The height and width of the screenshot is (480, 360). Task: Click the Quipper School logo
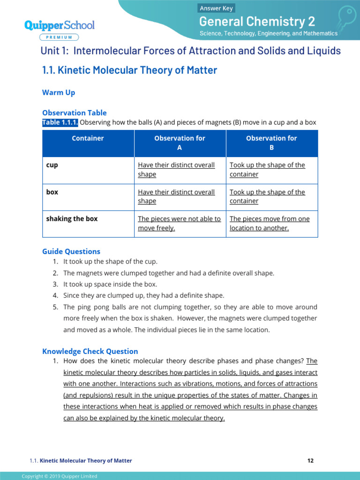tap(59, 25)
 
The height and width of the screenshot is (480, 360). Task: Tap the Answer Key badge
tap(216, 8)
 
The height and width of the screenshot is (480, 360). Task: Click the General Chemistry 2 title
tap(257, 21)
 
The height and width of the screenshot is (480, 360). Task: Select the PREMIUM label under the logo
tap(59, 37)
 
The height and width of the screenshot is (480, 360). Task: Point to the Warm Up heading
tap(59, 93)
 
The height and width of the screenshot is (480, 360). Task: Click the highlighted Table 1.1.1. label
tap(60, 122)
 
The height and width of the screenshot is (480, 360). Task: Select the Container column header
tap(88, 138)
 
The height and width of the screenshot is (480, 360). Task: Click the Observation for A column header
tap(180, 142)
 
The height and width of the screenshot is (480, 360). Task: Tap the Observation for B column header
tap(271, 142)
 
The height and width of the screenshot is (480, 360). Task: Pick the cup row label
tap(52, 165)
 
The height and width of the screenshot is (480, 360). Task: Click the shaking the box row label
tap(72, 219)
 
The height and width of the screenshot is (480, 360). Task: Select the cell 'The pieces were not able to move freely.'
tap(179, 224)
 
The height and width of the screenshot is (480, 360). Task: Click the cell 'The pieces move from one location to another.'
tap(270, 224)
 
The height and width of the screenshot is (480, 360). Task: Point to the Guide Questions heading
tap(71, 251)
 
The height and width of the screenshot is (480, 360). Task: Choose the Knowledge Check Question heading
tap(90, 351)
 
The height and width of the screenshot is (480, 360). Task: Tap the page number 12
tap(310, 461)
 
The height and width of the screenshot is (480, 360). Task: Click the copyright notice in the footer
tap(60, 476)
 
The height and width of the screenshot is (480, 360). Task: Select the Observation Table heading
tap(74, 112)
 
